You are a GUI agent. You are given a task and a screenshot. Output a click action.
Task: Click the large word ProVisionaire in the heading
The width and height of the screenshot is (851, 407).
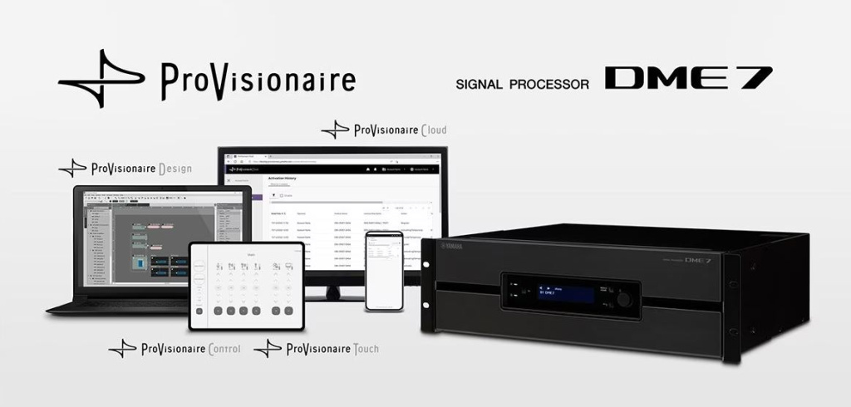pyautogui.click(x=258, y=80)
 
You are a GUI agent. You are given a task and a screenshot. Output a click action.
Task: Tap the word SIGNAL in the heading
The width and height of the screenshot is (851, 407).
pyautogui.click(x=482, y=84)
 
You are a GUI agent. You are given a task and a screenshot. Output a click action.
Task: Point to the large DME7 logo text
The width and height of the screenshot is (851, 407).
pyautogui.click(x=688, y=78)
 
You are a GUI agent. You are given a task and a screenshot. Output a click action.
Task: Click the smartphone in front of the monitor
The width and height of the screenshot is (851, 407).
pyautogui.click(x=384, y=270)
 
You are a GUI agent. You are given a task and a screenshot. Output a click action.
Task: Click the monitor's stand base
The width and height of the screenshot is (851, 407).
pyautogui.click(x=332, y=295)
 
